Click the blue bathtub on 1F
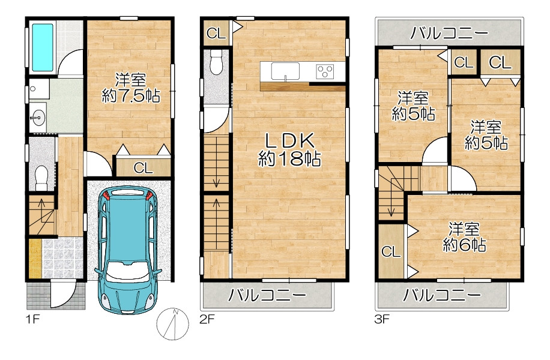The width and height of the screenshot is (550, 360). [43, 47]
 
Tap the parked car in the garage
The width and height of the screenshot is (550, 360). [128, 250]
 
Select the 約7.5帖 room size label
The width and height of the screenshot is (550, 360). [131, 95]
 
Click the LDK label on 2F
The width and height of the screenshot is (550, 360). [289, 141]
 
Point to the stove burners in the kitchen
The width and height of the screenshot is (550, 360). [325, 71]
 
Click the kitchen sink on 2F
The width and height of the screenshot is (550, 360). [285, 71]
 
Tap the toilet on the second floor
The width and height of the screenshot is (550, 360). [216, 62]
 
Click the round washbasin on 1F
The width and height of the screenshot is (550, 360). [37, 117]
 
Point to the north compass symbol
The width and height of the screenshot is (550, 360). [172, 324]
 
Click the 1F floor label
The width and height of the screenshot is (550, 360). [32, 319]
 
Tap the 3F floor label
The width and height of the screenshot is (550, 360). [382, 319]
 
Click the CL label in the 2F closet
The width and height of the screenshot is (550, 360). [216, 34]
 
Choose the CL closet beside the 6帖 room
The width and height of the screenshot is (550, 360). [391, 251]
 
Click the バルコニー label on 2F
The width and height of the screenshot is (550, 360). [267, 295]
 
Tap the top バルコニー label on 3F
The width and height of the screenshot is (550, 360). [449, 34]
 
